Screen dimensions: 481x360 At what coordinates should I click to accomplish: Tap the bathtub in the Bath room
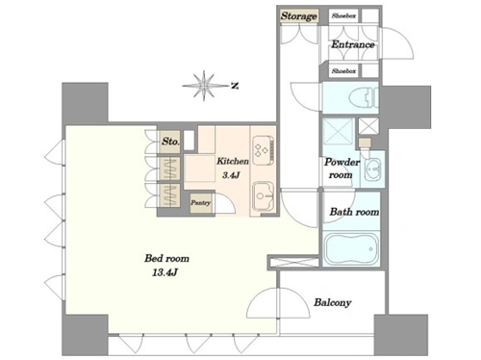pyautogui.click(x=351, y=249)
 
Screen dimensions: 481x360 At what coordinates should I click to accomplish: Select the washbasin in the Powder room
pyautogui.click(x=372, y=168)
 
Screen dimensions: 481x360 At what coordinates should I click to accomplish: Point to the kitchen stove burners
pyautogui.click(x=263, y=149)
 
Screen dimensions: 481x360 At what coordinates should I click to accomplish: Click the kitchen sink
pyautogui.click(x=263, y=196)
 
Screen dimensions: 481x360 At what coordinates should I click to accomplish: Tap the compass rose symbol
pyautogui.click(x=204, y=86)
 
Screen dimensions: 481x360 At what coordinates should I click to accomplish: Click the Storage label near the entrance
pyautogui.click(x=299, y=16)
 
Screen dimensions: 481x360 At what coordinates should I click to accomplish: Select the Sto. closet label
pyautogui.click(x=170, y=141)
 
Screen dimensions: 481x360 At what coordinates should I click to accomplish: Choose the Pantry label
pyautogui.click(x=201, y=203)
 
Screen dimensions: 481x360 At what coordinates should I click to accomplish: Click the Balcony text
pyautogui.click(x=333, y=302)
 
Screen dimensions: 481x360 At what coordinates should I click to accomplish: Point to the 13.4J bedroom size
pyautogui.click(x=165, y=273)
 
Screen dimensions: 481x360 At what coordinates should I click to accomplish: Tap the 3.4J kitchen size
pyautogui.click(x=231, y=175)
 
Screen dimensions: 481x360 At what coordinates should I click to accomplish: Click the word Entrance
pyautogui.click(x=353, y=44)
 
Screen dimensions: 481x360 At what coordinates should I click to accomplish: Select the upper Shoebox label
pyautogui.click(x=343, y=15)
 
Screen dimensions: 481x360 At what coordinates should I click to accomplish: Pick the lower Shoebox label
pyautogui.click(x=343, y=71)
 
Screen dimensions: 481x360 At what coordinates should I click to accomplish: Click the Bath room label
pyautogui.click(x=354, y=212)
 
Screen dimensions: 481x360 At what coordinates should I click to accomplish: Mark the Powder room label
pyautogui.click(x=342, y=168)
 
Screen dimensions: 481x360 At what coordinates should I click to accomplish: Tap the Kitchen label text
pyautogui.click(x=233, y=161)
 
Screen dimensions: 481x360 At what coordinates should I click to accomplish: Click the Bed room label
pyautogui.click(x=166, y=258)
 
